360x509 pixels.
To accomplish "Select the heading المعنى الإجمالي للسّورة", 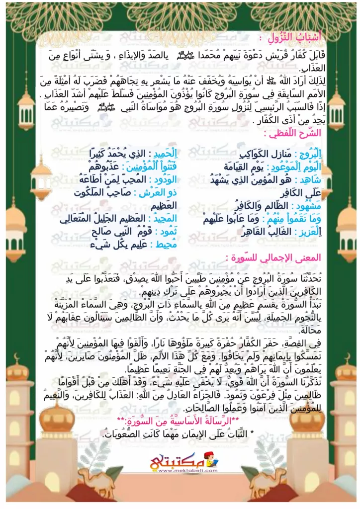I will [x=270, y=258].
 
